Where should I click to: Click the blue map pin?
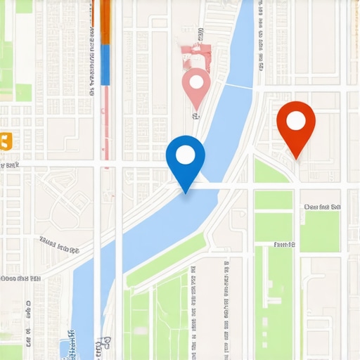tap(186, 158)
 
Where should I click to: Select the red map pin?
tap(295, 125)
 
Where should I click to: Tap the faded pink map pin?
tap(197, 86)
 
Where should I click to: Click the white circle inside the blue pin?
tap(186, 154)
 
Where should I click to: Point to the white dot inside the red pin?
tap(296, 121)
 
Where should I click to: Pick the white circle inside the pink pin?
tap(197, 82)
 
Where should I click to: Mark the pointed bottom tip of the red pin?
tap(297, 158)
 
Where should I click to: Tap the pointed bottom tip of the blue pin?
tap(186, 193)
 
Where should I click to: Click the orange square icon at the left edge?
tap(6, 141)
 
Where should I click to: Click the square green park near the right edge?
tap(319, 231)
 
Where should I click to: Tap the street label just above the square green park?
tap(321, 207)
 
